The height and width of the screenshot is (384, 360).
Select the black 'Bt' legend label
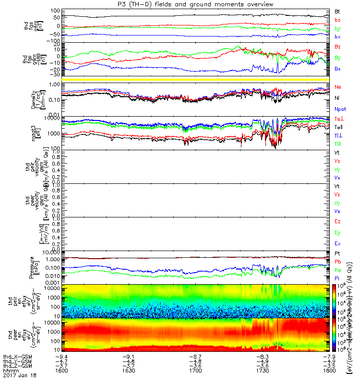point(337,11)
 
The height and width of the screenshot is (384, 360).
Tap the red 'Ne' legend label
point(337,87)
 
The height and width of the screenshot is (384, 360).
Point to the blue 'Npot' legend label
point(340,108)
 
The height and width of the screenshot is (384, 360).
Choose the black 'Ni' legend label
point(337,97)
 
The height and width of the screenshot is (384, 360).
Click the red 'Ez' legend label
point(337,221)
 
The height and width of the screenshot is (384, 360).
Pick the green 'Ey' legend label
point(337,232)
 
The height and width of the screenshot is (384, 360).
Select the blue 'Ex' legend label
point(337,244)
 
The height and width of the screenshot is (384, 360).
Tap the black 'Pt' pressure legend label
point(337,253)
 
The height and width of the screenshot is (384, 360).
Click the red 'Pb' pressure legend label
point(337,262)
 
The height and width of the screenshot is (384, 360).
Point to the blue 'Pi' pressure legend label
point(337,278)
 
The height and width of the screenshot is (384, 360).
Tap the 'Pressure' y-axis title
point(32,267)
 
